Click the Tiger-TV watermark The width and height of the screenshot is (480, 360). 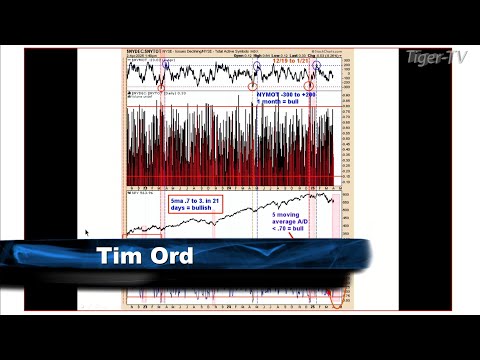click(435, 56)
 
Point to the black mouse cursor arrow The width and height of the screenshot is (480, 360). click(88, 233)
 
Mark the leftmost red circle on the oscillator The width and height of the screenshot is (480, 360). click(161, 87)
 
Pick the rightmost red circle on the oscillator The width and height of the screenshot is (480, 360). click(312, 87)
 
